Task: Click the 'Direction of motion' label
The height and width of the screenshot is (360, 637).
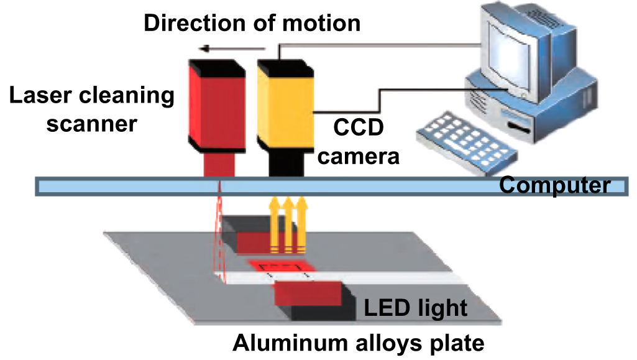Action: pos(252,23)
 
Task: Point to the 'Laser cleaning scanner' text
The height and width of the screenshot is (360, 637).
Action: pos(91,109)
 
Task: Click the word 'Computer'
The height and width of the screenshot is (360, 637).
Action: pos(555,186)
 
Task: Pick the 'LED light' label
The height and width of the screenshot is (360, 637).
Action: pos(415,307)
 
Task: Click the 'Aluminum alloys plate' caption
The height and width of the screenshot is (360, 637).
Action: pos(358,343)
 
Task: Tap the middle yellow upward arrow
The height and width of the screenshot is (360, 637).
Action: pos(287,224)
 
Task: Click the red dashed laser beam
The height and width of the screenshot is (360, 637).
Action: pos(219,236)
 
